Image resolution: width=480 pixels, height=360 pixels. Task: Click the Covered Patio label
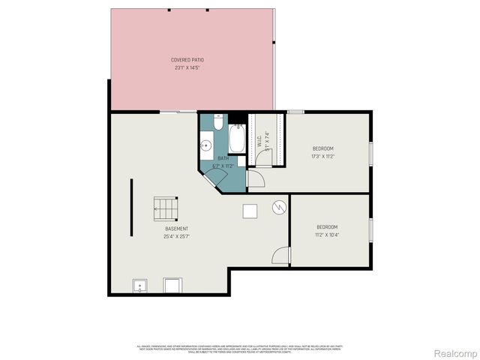[187, 59]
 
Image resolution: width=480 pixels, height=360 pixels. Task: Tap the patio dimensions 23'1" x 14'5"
[187, 67]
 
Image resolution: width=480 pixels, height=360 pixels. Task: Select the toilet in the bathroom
[218, 121]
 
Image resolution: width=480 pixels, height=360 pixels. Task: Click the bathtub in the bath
[236, 139]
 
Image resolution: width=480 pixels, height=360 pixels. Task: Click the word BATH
[223, 158]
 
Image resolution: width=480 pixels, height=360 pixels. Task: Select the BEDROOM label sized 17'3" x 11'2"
[322, 148]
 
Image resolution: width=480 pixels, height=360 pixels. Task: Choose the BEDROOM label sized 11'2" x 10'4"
[327, 227]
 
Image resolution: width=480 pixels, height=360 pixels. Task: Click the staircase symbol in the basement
[164, 208]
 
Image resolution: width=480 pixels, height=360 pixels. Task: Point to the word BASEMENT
[177, 229]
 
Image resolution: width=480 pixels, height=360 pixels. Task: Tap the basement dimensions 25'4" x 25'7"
[177, 236]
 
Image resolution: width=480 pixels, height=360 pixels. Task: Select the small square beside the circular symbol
[250, 211]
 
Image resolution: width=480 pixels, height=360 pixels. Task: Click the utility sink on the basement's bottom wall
[140, 285]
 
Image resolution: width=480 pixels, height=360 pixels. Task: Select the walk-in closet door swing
[255, 179]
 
